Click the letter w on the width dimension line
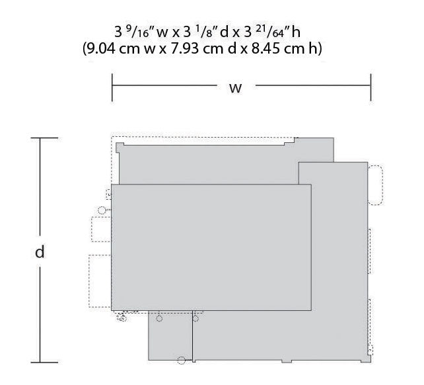(235, 89)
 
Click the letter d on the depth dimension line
(40, 251)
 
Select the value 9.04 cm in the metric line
(115, 49)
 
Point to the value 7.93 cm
(197, 49)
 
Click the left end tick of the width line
(112, 87)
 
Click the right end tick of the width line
(371, 87)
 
